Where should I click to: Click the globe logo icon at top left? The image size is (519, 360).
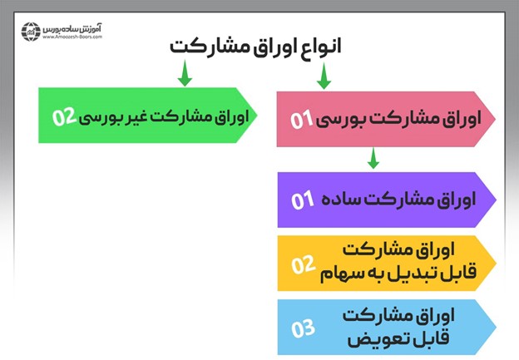(31, 31)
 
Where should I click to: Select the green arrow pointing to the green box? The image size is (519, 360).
(185, 76)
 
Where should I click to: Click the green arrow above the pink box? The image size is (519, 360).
(324, 79)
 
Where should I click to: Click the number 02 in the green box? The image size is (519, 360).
(64, 116)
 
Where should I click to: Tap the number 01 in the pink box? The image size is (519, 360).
(301, 121)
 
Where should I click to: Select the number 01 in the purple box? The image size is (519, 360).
(301, 200)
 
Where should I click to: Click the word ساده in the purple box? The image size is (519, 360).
(341, 200)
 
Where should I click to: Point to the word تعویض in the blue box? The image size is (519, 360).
(370, 338)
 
